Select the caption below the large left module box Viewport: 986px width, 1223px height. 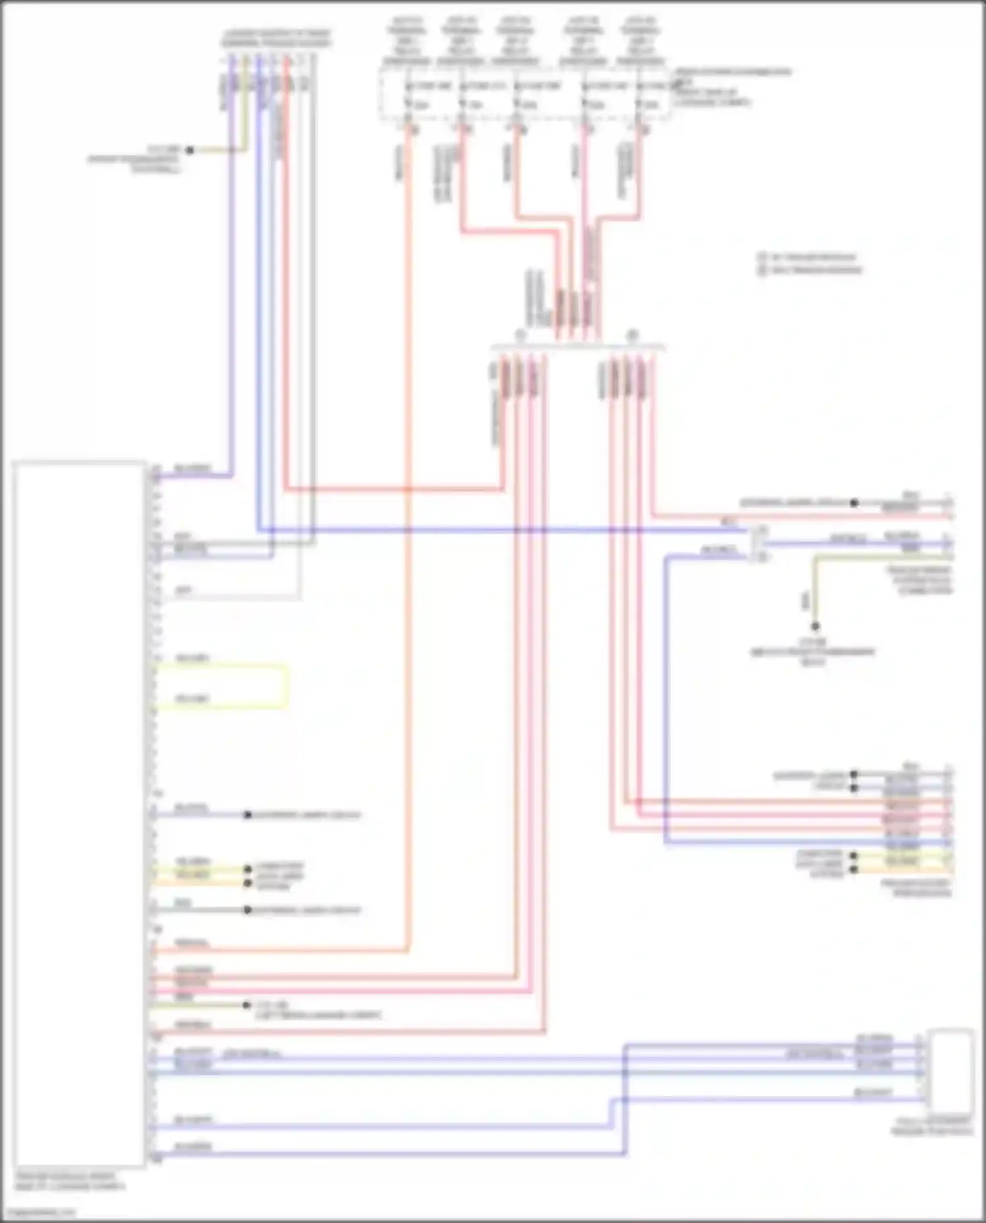pos(69,1182)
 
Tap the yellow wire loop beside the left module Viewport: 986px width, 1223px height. pos(287,686)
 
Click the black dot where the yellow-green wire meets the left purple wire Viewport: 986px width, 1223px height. pos(189,150)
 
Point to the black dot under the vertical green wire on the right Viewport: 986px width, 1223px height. pos(814,626)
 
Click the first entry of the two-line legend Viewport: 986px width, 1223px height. pos(809,257)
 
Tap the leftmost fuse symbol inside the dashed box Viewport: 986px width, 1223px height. pos(408,104)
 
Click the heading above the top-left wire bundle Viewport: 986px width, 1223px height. pos(276,38)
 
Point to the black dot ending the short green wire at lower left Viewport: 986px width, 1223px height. pos(247,1005)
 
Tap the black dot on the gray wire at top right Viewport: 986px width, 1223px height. pos(854,503)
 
